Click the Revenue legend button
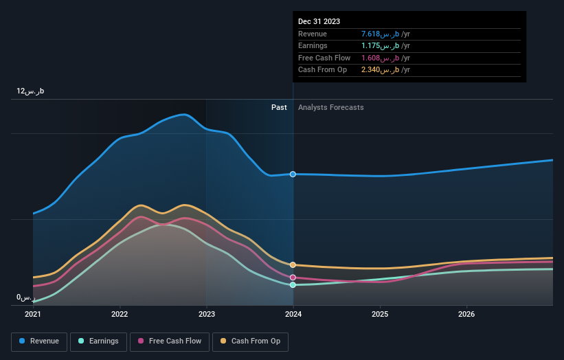39,341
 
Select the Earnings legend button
98,341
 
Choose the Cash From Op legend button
251,341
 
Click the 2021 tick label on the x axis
33,315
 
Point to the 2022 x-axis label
120,315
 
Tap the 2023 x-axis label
206,315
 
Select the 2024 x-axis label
293,315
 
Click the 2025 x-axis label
380,315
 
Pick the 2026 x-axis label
466,315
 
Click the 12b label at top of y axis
31,91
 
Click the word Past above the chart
279,107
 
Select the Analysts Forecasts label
331,107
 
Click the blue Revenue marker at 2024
293,175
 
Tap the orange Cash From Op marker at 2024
293,265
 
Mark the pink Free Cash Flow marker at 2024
293,278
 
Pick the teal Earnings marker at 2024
293,284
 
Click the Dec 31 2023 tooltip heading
319,21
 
